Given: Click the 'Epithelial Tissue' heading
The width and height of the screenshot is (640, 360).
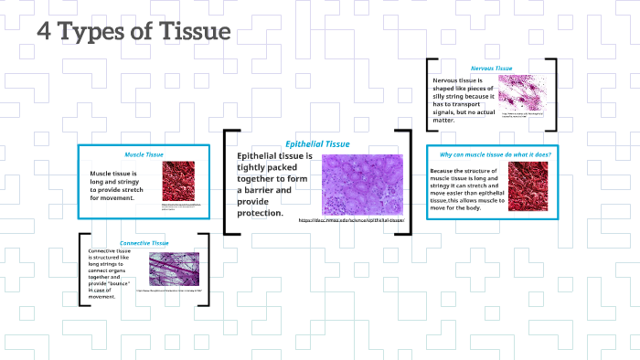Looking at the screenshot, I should pyautogui.click(x=317, y=144).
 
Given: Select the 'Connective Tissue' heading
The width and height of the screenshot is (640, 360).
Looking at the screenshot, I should pyautogui.click(x=144, y=243).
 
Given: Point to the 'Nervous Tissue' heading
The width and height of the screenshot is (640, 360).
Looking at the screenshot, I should pyautogui.click(x=491, y=69).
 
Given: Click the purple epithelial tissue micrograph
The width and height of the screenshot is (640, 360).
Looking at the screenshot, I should pyautogui.click(x=361, y=185).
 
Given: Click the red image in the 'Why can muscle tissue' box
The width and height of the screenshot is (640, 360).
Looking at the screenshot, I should pyautogui.click(x=528, y=187).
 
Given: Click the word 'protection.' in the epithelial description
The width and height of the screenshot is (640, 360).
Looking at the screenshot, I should pyautogui.click(x=260, y=214).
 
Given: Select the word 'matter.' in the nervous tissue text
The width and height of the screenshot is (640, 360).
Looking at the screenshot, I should pyautogui.click(x=443, y=120).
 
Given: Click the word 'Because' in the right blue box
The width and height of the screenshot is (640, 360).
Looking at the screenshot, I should pyautogui.click(x=445, y=171).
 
